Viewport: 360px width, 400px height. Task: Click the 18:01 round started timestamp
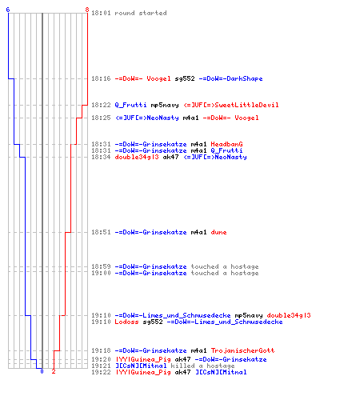click(101, 13)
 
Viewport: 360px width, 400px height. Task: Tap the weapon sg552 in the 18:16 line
click(185, 78)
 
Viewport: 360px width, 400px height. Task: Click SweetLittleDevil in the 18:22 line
click(246, 105)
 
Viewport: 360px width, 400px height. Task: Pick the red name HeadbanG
click(226, 144)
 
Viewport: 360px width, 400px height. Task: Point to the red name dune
click(218, 232)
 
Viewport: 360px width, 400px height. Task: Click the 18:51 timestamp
click(101, 232)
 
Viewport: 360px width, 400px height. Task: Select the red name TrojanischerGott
click(242, 350)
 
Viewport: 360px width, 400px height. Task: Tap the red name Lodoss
click(126, 322)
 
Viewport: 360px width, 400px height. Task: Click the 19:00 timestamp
click(101, 273)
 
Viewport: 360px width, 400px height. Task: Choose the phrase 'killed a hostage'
click(202, 366)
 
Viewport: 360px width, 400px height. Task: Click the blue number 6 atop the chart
click(8, 10)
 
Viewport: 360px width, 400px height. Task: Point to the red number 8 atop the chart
click(87, 10)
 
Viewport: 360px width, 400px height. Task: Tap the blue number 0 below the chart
click(42, 371)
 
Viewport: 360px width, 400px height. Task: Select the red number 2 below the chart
click(54, 371)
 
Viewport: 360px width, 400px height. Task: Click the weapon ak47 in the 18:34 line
click(170, 157)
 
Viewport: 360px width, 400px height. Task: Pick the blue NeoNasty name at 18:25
click(162, 118)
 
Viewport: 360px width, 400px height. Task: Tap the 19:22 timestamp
click(101, 372)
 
